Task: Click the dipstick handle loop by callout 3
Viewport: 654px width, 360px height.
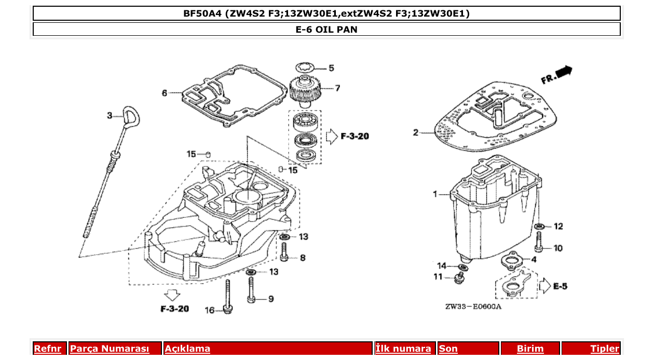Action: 130,115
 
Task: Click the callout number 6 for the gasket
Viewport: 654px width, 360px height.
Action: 165,93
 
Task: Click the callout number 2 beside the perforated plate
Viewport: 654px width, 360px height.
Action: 415,133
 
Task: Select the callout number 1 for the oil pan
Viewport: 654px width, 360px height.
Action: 435,194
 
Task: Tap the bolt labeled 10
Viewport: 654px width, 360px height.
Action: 539,240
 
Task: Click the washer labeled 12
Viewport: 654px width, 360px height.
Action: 539,226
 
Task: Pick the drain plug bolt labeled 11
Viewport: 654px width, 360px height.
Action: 458,279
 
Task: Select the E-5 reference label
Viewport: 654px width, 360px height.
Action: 560,286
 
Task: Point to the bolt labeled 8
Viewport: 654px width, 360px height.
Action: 284,252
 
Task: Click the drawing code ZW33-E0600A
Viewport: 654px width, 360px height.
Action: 473,307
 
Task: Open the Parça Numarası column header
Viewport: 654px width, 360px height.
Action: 110,349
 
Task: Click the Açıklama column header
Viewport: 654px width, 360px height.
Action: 187,349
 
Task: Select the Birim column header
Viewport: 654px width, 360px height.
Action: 530,349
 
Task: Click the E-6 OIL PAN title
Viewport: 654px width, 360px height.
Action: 326,30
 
